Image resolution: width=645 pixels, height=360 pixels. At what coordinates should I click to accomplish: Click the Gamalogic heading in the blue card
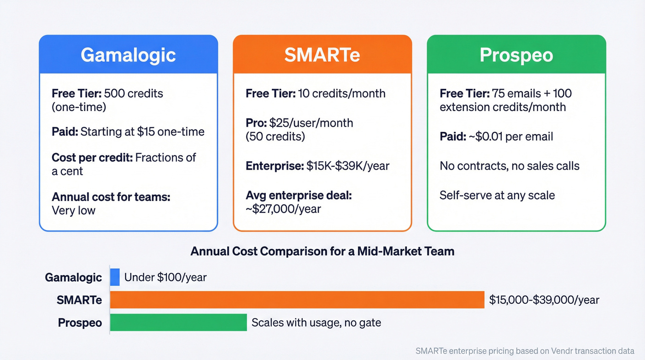click(128, 55)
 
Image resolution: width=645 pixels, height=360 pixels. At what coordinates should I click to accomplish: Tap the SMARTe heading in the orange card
click(322, 55)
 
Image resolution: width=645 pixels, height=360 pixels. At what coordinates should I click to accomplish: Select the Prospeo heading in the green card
click(516, 55)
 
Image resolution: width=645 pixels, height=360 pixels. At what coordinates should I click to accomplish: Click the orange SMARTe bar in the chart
click(297, 300)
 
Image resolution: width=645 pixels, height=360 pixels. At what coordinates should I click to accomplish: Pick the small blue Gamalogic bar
click(115, 277)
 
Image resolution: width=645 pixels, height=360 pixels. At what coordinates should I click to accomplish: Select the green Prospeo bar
click(178, 322)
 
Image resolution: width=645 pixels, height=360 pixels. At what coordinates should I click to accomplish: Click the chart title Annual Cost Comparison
click(322, 251)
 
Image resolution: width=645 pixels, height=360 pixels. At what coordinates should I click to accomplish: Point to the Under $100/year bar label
click(165, 277)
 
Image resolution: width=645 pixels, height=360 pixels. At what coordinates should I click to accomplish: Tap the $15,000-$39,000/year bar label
click(544, 300)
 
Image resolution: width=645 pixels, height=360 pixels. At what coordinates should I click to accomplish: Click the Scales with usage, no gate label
click(316, 323)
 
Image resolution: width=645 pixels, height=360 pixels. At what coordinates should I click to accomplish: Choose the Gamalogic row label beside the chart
click(73, 277)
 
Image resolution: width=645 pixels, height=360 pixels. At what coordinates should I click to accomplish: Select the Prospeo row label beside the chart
click(80, 323)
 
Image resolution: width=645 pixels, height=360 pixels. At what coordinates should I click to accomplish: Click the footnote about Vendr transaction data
click(525, 350)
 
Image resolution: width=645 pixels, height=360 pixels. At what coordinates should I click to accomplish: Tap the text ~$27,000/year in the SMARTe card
click(283, 209)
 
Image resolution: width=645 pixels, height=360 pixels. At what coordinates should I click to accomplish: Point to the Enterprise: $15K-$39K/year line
click(317, 166)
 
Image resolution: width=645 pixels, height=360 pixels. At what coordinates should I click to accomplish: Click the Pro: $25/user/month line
click(299, 123)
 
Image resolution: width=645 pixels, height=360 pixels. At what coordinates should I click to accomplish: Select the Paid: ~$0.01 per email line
click(496, 136)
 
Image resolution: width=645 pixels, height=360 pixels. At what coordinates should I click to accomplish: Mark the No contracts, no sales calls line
click(510, 166)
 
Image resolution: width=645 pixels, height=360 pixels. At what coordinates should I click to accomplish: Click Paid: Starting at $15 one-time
click(128, 132)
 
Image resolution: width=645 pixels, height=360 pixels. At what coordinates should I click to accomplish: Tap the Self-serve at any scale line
click(497, 195)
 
